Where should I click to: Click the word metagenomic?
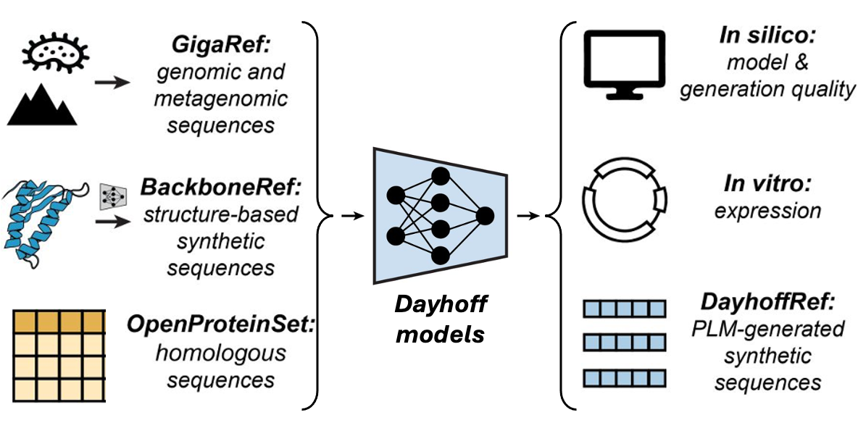pos(221,99)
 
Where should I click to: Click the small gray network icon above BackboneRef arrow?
pos(112,195)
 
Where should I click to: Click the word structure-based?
pos(221,214)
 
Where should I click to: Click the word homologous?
pos(221,353)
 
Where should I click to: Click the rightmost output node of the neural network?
pos(485,215)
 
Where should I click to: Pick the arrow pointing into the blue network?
pos(352,216)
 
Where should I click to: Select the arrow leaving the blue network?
pos(529,216)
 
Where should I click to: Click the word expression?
pos(767,210)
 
